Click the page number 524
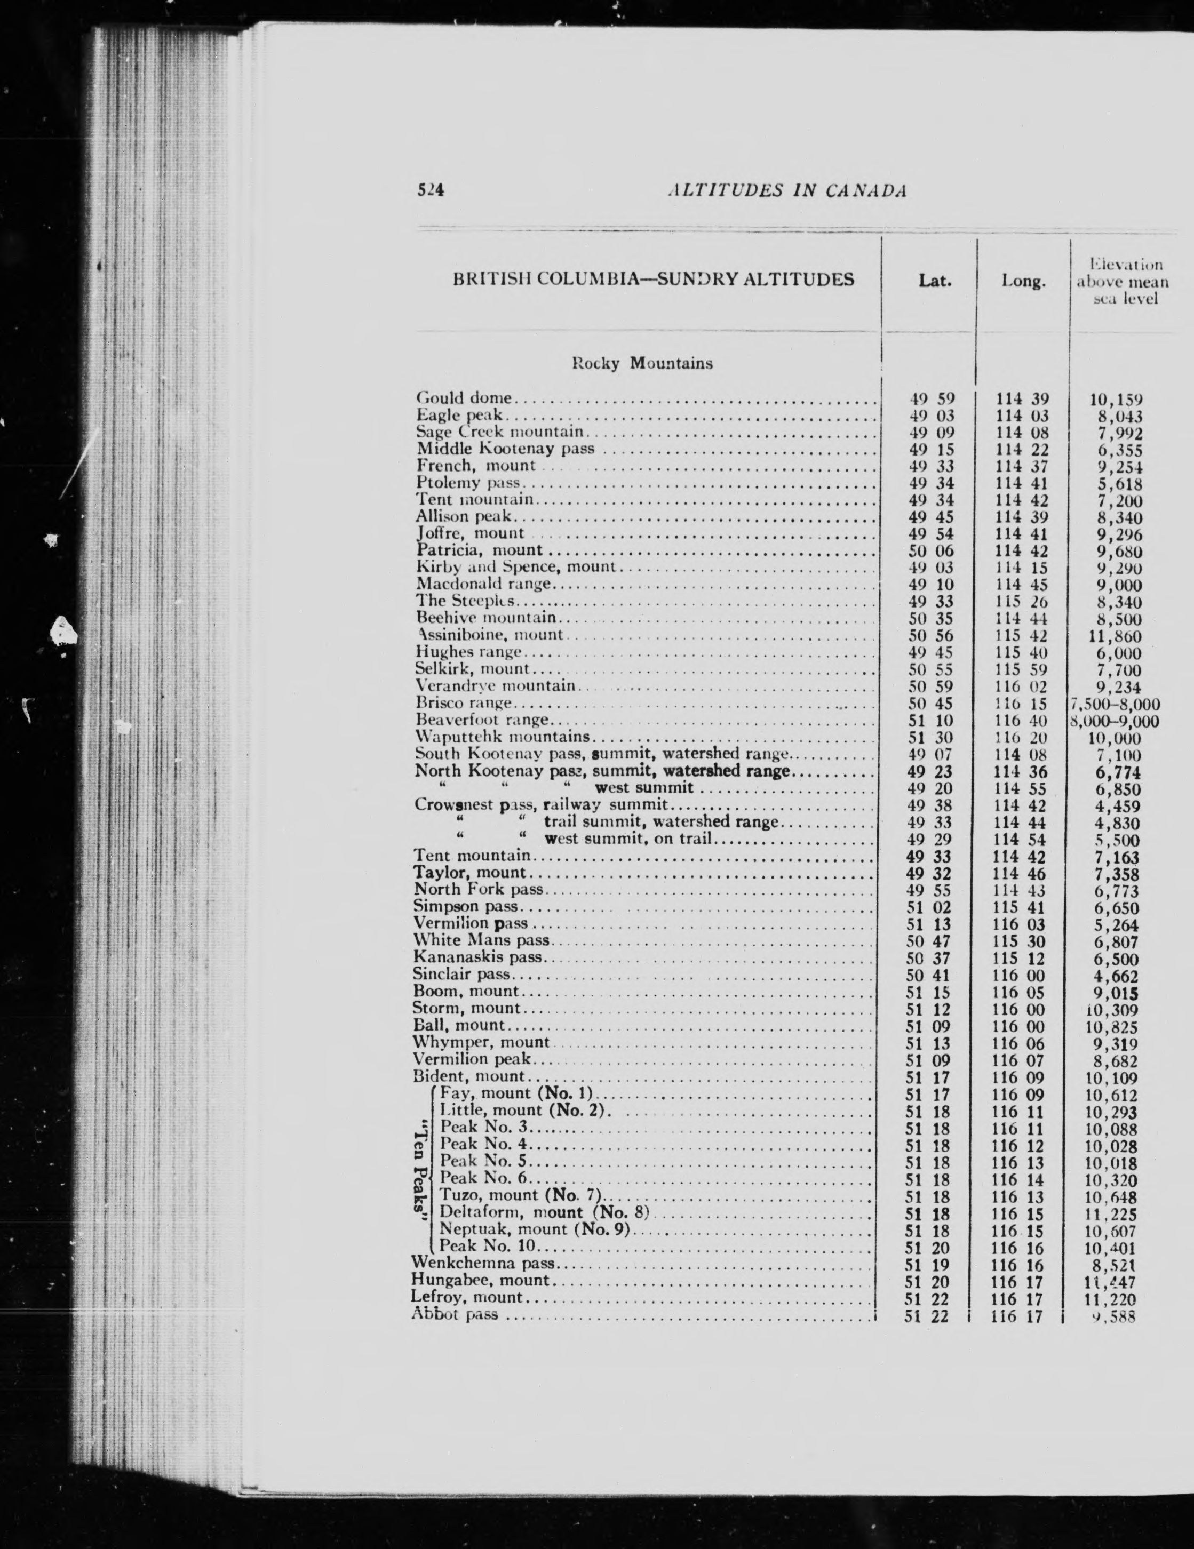[430, 190]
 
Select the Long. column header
[1024, 282]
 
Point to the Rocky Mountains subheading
[642, 364]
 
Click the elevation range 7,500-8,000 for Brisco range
[1115, 704]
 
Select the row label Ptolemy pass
[469, 484]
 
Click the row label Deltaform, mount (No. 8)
[545, 1211]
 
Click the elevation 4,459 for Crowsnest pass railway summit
[1117, 807]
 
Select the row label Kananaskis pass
[477, 957]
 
